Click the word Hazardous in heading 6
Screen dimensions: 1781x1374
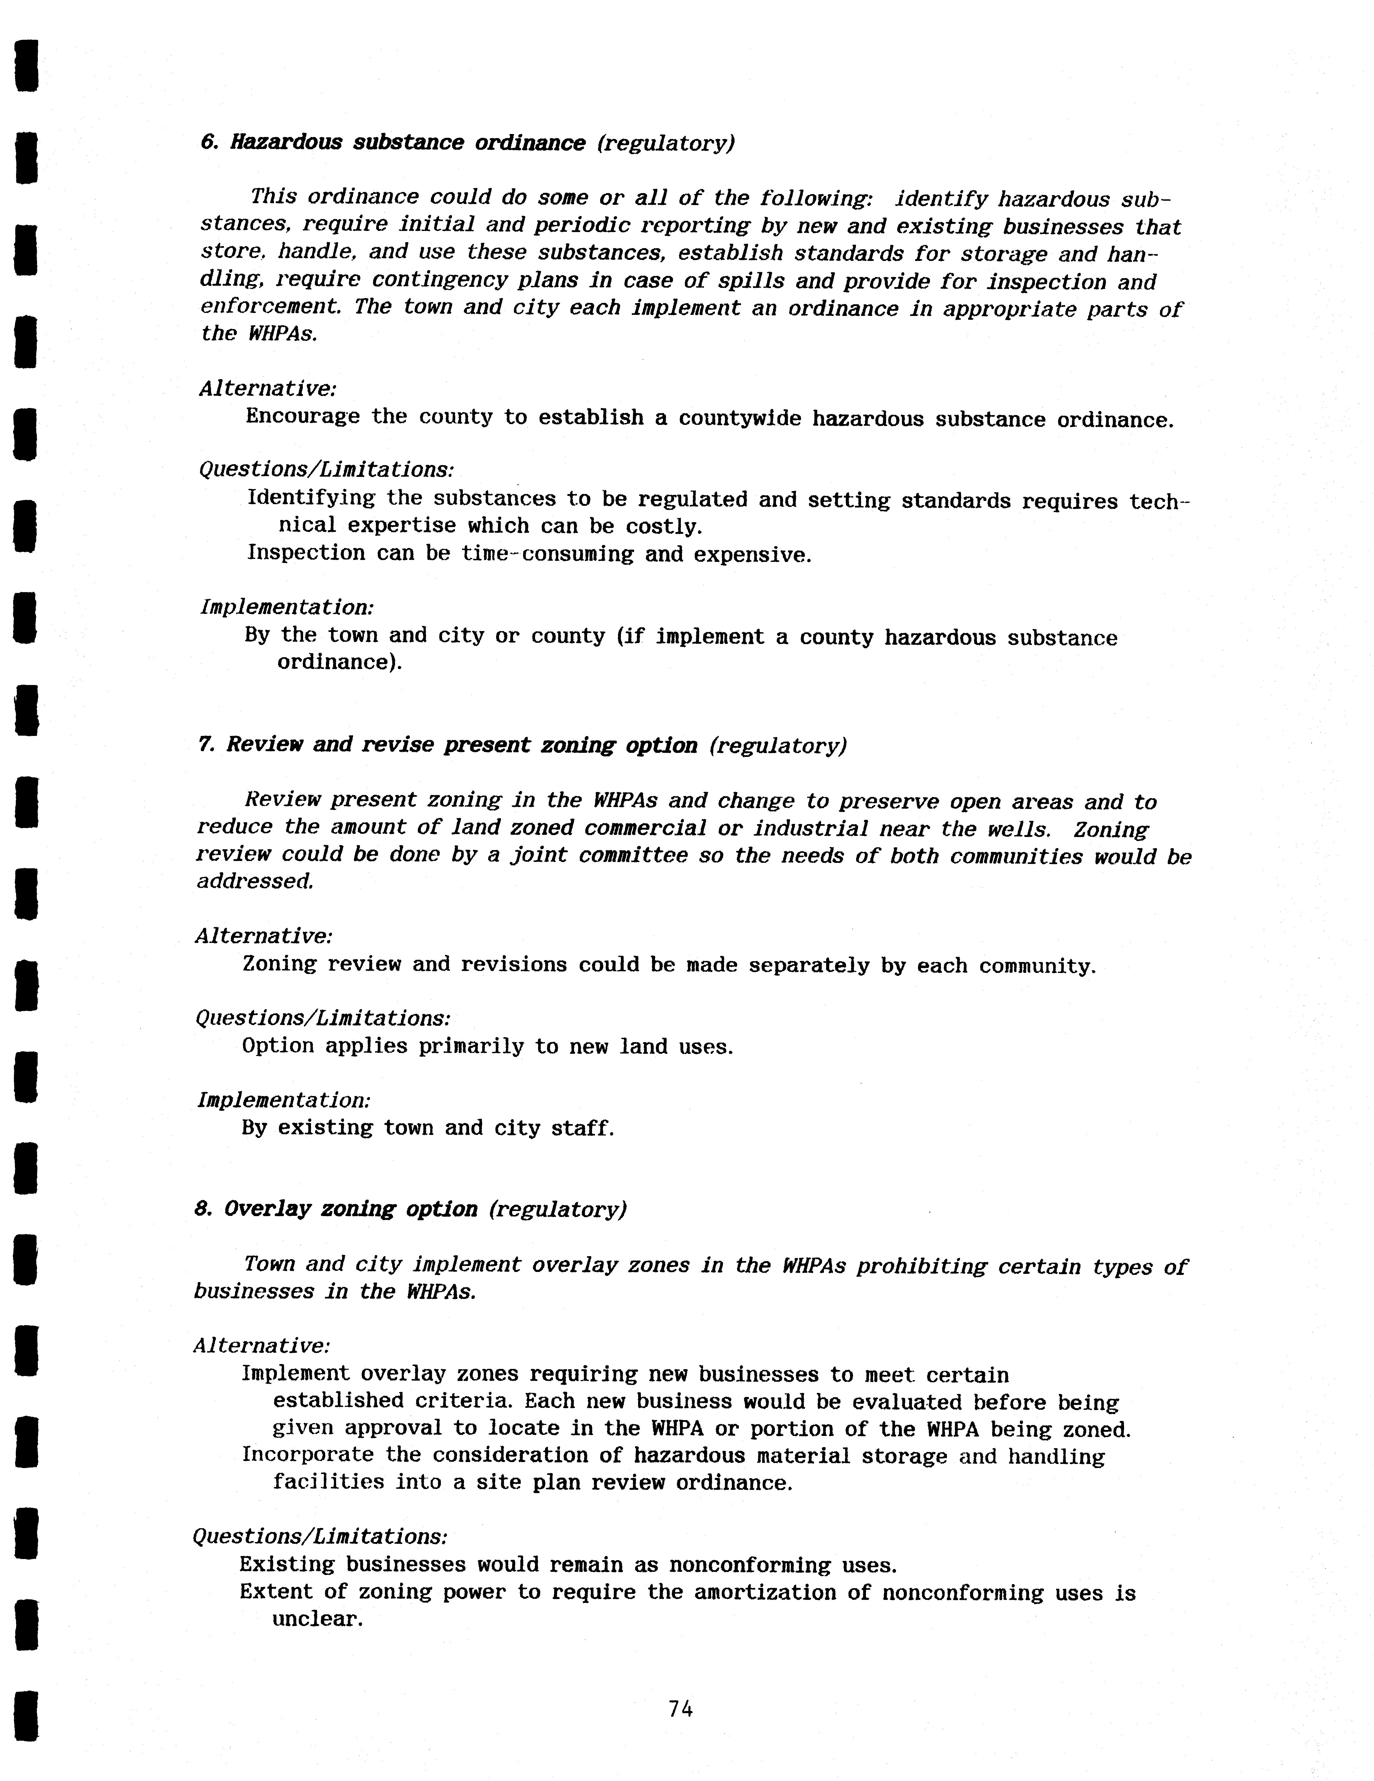coord(286,143)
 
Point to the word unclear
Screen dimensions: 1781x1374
coord(316,1619)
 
